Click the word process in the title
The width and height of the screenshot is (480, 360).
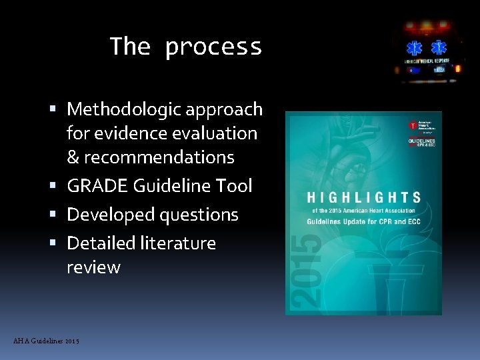[x=213, y=47]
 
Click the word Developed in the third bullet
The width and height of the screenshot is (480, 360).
[x=109, y=215]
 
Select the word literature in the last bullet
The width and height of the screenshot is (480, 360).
[x=180, y=243]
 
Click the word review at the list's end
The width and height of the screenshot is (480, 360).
[x=93, y=267]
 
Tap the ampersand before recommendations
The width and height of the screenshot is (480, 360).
[x=73, y=157]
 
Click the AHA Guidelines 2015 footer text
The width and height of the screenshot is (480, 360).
[x=46, y=341]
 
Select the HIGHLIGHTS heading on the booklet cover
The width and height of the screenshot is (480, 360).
[x=363, y=197]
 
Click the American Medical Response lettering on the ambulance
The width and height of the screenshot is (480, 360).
[x=427, y=61]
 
